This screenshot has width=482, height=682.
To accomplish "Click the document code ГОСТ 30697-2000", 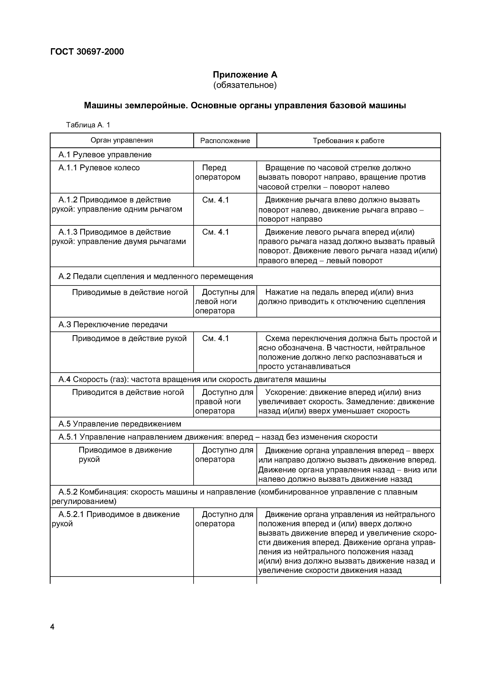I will click(x=87, y=52).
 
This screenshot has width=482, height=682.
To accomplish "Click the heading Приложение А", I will click(x=245, y=74).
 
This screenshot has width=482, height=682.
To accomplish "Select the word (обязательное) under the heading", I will click(x=245, y=85).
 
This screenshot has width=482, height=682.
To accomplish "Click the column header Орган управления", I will click(x=122, y=140).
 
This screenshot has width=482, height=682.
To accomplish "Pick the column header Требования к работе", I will click(x=348, y=141).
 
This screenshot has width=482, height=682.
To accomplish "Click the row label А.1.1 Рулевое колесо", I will click(x=99, y=168).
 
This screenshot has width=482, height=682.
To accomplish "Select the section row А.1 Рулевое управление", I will click(x=105, y=155).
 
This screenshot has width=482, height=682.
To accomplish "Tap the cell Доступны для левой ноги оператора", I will click(x=225, y=302).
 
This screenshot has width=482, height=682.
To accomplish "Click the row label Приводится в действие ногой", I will click(x=128, y=392).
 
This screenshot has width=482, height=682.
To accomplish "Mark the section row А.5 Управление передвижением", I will click(x=120, y=424).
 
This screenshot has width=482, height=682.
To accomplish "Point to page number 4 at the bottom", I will click(x=52, y=627).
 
